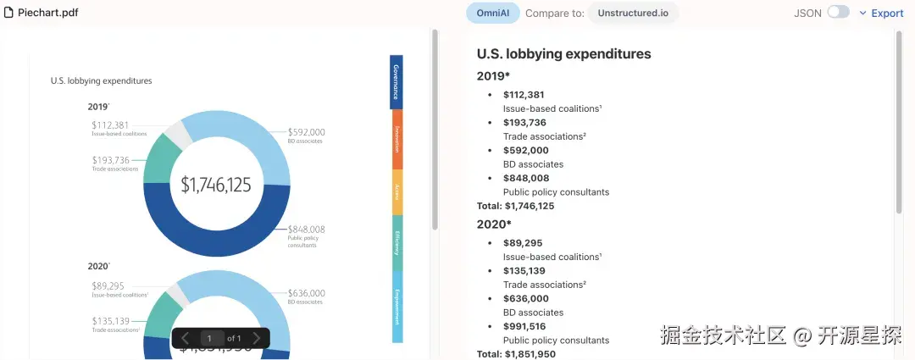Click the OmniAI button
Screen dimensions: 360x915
[493, 13]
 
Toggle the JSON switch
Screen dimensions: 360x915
[838, 13]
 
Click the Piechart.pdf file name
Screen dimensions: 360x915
[47, 13]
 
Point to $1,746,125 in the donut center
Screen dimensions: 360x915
[216, 184]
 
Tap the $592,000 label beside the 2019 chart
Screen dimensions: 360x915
[306, 132]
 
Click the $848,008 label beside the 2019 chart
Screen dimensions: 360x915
[306, 230]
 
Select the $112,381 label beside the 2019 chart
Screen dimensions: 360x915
[110, 125]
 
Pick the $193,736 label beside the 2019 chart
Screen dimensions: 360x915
[110, 160]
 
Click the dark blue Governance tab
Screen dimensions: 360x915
[396, 82]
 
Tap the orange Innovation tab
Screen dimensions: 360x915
[396, 139]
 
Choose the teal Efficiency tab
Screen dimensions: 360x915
[396, 242]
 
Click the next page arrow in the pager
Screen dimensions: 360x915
[257, 339]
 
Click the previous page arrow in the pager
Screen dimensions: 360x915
[185, 339]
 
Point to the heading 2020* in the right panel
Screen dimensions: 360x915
[494, 224]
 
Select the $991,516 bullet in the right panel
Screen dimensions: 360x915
[524, 326]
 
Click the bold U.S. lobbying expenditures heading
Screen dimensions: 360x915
[563, 53]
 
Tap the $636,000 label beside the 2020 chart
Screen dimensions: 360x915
[306, 293]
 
